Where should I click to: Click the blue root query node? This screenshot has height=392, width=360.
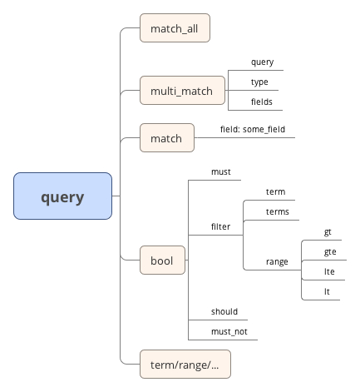[62, 196]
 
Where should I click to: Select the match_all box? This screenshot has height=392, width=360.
[175, 27]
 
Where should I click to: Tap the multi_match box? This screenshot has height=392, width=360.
[182, 90]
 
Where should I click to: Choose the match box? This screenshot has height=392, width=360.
[167, 137]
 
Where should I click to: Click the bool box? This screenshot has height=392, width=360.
[162, 260]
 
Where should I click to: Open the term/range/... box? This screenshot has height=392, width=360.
[185, 364]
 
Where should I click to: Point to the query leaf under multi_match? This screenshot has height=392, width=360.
[262, 62]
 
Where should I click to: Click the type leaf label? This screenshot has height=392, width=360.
[259, 82]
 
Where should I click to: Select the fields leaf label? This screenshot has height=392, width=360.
[262, 102]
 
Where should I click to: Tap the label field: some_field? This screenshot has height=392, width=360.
[253, 129]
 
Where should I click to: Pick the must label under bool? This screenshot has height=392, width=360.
[221, 172]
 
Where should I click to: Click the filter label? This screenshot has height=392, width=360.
[220, 226]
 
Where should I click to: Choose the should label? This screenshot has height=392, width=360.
[224, 311]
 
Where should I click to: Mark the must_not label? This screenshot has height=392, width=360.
[229, 332]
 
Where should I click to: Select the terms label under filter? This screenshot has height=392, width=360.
[278, 212]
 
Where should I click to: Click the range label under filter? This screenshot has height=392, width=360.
[277, 262]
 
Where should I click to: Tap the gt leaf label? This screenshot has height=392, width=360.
[328, 232]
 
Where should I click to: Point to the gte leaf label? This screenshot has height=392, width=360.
[330, 252]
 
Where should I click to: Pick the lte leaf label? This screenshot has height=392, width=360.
[329, 271]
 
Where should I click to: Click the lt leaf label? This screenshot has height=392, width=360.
[327, 291]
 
